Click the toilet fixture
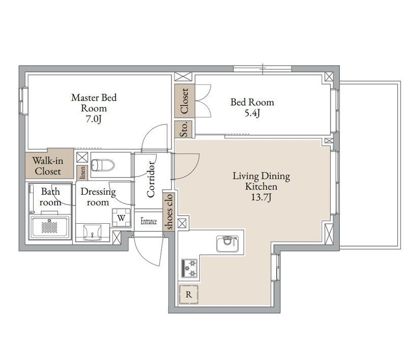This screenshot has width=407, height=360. point(103,165)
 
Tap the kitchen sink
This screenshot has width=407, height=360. point(227,244)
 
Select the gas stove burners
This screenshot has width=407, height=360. point(189,268)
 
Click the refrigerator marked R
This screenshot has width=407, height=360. point(189,294)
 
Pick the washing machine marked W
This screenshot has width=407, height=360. point(121,218)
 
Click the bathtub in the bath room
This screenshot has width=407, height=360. point(50,227)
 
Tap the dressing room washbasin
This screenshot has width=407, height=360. point(92,232)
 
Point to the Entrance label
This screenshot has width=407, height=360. point(149,221)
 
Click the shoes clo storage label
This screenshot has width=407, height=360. point(169,212)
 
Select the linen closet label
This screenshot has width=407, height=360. point(82,173)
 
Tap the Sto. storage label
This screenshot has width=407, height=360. point(184,129)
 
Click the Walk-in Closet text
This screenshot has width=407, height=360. point(48,166)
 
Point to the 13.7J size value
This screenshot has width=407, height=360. point(261,197)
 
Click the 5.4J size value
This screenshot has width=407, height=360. point(252,113)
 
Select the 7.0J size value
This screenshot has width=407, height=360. point(94,119)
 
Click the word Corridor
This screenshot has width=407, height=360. point(151,179)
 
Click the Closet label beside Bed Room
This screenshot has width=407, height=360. point(184,101)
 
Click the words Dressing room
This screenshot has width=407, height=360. point(98,197)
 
